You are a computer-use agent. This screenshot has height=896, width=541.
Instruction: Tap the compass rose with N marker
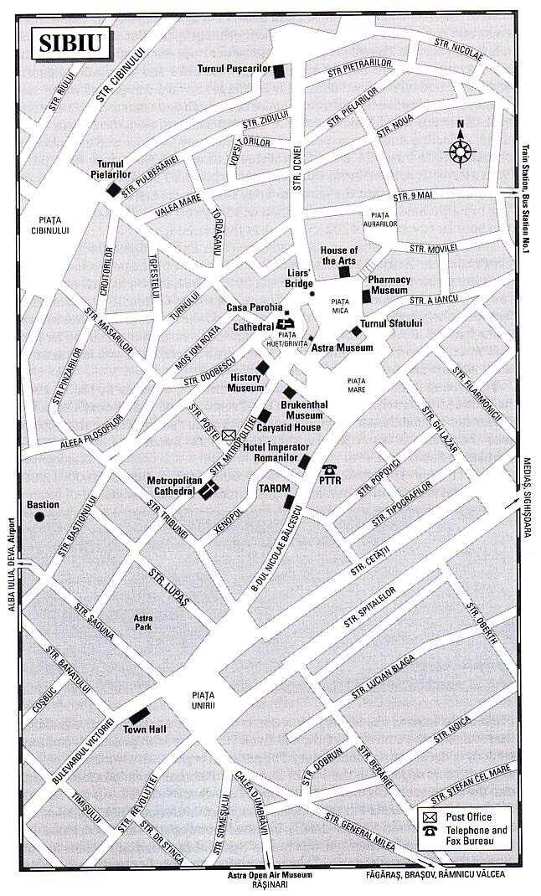pyautogui.click(x=460, y=152)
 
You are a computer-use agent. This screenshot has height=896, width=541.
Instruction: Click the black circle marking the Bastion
pyautogui.click(x=39, y=517)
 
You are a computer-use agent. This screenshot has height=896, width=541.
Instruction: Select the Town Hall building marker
pyautogui.click(x=138, y=716)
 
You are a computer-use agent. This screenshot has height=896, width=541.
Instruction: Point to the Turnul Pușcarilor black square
pyautogui.click(x=279, y=71)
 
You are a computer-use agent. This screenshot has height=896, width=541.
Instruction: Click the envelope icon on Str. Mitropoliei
pyautogui.click(x=230, y=435)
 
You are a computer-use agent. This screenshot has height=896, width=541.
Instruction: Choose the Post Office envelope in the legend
pyautogui.click(x=430, y=817)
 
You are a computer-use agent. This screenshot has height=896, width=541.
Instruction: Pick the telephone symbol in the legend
pyautogui.click(x=430, y=832)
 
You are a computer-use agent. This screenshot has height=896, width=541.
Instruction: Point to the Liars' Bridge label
pyautogui.click(x=300, y=278)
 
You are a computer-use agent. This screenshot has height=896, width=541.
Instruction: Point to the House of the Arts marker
pyautogui.click(x=343, y=271)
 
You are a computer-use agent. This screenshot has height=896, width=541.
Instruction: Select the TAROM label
pyautogui.click(x=274, y=488)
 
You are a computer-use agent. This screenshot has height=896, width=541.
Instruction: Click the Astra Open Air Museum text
pyautogui.click(x=270, y=875)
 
